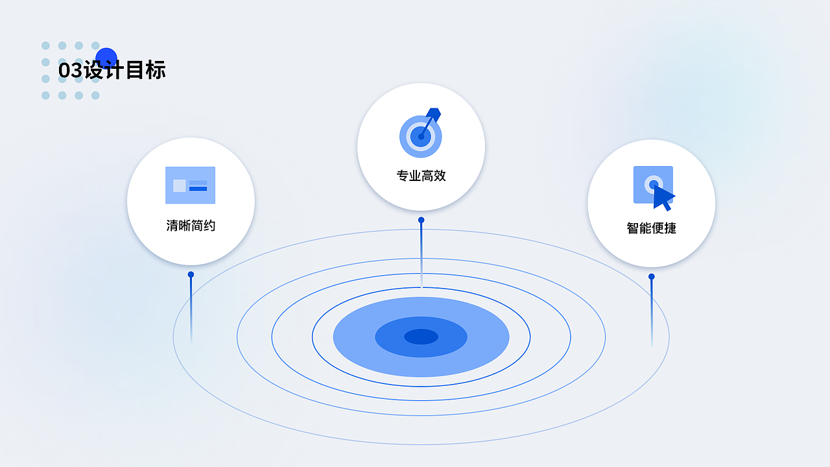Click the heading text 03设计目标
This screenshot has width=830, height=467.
click(x=112, y=70)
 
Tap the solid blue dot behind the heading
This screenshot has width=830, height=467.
click(x=106, y=58)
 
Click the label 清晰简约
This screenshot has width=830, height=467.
click(x=191, y=226)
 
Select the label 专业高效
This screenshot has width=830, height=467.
click(x=421, y=176)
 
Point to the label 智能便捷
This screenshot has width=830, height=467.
click(x=651, y=228)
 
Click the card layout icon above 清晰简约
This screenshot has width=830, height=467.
click(x=190, y=186)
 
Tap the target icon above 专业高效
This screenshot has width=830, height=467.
click(x=421, y=134)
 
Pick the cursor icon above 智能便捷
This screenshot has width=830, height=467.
click(x=654, y=187)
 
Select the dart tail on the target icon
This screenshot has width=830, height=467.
click(x=434, y=114)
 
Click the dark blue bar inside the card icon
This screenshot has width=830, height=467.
click(x=198, y=189)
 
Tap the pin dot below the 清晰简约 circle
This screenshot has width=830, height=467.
click(x=191, y=274)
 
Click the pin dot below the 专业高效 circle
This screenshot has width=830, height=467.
click(x=421, y=220)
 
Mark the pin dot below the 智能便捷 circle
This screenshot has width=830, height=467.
click(x=651, y=276)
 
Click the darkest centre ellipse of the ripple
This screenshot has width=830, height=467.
click(x=421, y=337)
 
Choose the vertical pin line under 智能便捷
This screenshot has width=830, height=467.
click(x=651, y=311)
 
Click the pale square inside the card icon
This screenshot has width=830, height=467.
click(x=180, y=186)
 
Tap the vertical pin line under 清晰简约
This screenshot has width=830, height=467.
click(x=191, y=308)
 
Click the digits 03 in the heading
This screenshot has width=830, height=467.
click(x=70, y=70)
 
